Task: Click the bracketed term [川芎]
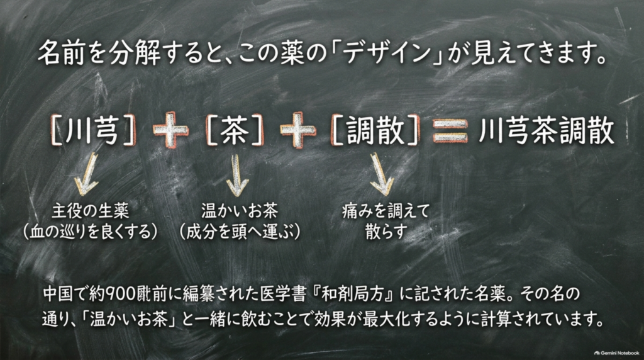pos(93,130)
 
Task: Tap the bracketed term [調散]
pos(375,130)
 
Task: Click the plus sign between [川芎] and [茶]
pos(170,130)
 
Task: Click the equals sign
pos(450,131)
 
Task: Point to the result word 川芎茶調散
pos(547,131)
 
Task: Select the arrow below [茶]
pos(236,175)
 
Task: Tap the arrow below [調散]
pos(380,174)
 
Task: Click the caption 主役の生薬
pos(91,211)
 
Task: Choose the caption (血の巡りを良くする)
pos(91,232)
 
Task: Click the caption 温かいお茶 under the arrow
pos(240,211)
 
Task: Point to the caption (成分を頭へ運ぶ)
pos(240,232)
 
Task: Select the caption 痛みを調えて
pos(386,211)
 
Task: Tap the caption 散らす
pos(386,232)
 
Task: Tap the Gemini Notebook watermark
pos(616,352)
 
